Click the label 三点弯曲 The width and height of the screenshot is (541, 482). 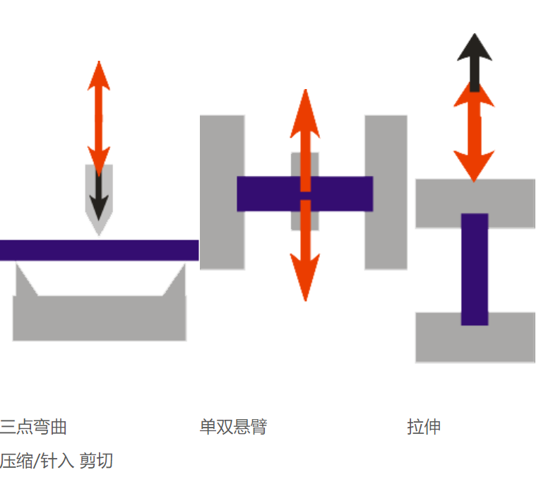tap(33, 427)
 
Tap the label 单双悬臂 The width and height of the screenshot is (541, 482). tap(233, 427)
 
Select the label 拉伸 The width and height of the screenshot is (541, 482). tap(424, 427)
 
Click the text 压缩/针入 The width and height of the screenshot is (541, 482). tap(37, 462)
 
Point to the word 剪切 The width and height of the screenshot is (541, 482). tap(96, 462)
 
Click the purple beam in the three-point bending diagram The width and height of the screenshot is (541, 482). tap(99, 250)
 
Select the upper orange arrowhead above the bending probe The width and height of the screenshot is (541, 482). tap(99, 74)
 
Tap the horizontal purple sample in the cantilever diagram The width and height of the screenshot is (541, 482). tap(268, 194)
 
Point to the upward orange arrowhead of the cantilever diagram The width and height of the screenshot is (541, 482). tap(305, 113)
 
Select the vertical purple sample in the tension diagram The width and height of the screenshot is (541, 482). tap(475, 269)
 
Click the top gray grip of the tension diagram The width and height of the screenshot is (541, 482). tap(438, 202)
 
